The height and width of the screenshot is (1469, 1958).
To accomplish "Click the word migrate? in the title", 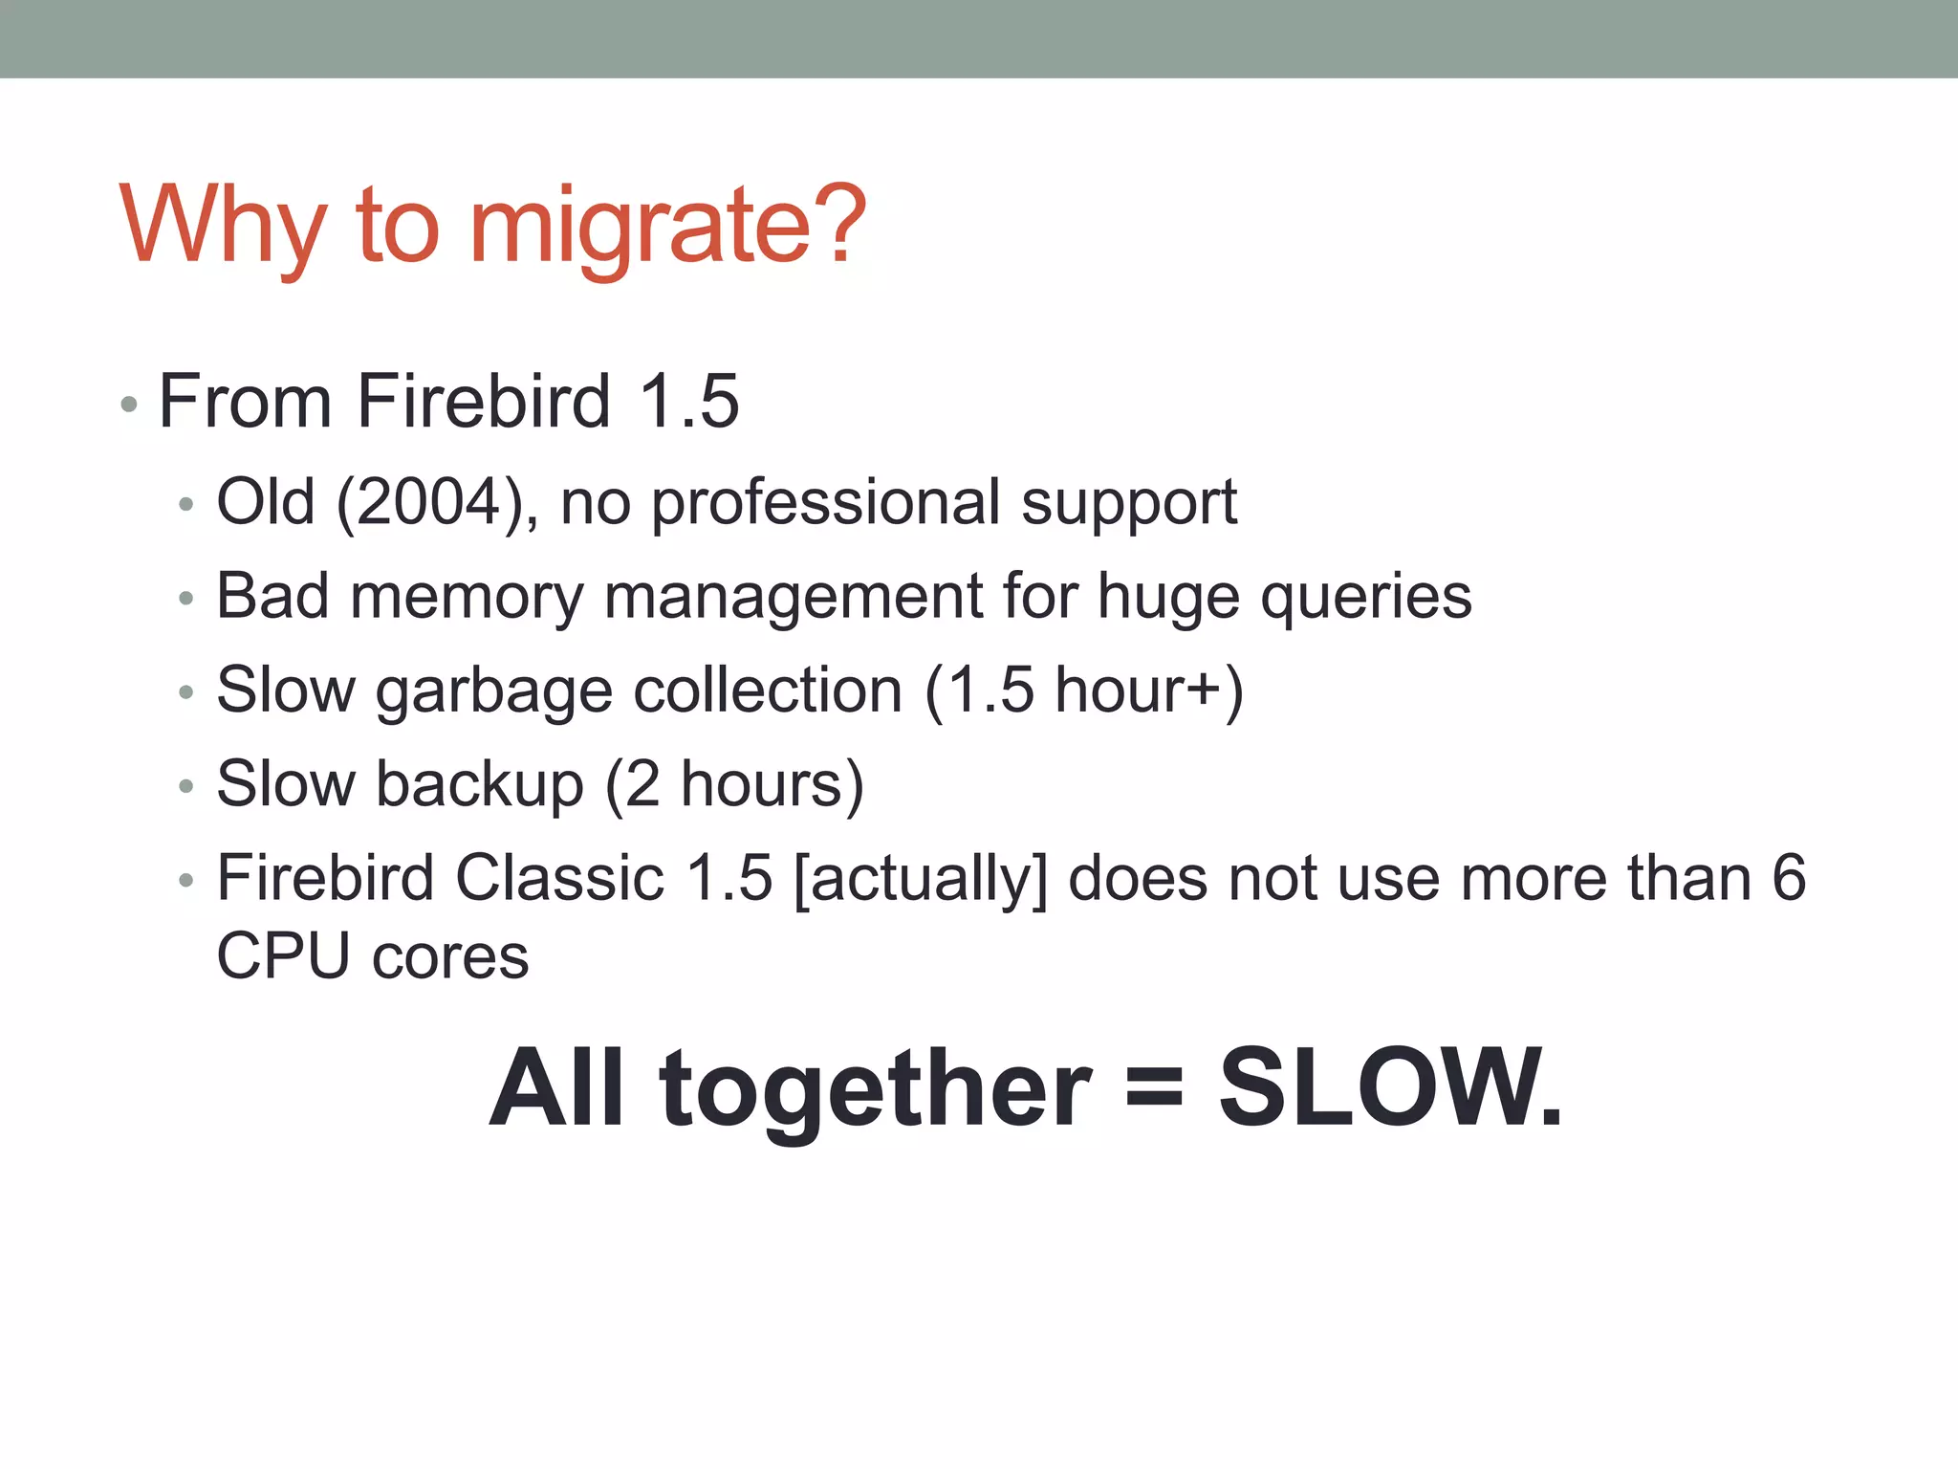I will click(x=667, y=227).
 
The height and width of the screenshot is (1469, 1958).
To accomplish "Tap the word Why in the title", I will click(x=223, y=227).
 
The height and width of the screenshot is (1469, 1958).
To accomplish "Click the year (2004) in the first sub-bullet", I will click(x=430, y=502).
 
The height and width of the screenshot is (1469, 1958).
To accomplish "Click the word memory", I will click(x=467, y=596).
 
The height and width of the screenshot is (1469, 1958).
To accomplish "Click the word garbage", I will click(x=493, y=691).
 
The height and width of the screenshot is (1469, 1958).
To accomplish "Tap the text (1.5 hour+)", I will click(x=1083, y=690).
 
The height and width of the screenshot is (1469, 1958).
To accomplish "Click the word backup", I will click(x=479, y=784).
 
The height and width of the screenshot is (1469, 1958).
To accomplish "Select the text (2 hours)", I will click(x=734, y=784).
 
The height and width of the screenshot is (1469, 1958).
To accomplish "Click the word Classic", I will click(x=559, y=878).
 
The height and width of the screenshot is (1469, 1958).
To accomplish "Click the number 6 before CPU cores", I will click(x=1789, y=878).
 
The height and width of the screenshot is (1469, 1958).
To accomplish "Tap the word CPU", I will click(x=283, y=955).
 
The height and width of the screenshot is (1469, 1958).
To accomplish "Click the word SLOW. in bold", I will click(x=1389, y=1087).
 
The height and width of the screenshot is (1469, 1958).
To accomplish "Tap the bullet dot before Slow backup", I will click(x=186, y=786).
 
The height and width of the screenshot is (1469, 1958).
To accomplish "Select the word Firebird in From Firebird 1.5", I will click(x=483, y=401).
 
